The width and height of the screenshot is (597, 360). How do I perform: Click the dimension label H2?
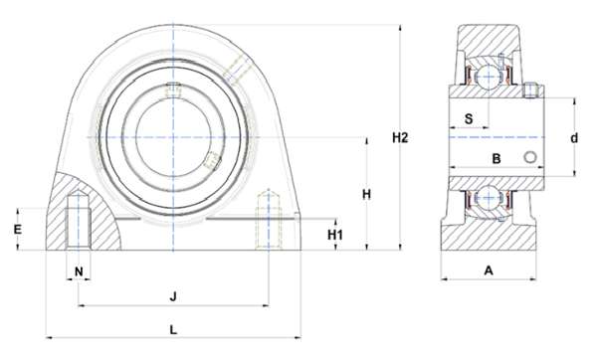(400, 138)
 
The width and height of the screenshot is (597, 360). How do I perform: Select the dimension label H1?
(335, 235)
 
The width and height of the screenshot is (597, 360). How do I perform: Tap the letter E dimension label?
(18, 230)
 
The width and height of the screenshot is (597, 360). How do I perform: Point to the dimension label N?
(79, 271)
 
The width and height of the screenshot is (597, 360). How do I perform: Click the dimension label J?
(173, 296)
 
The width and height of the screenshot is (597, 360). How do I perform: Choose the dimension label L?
(173, 329)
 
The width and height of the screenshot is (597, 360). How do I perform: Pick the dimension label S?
(469, 118)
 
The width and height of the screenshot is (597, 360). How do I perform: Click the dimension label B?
(497, 159)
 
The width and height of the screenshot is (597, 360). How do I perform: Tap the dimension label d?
(574, 138)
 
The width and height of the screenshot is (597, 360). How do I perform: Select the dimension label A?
(489, 270)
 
